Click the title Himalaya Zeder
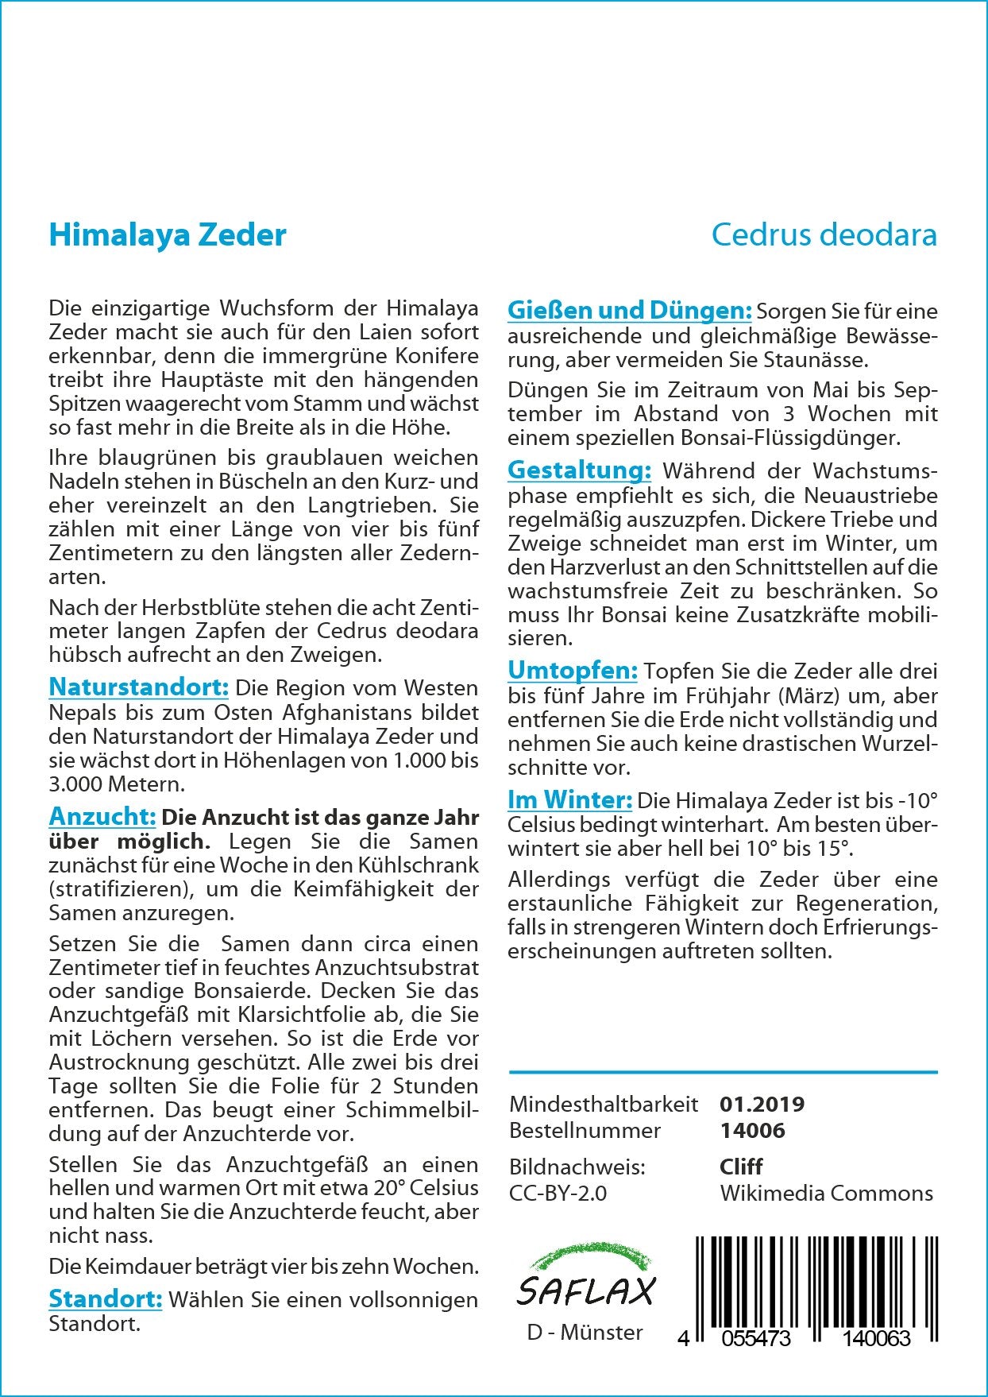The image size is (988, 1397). (x=168, y=235)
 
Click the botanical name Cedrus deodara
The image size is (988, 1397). (x=824, y=235)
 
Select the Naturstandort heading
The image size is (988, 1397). (x=139, y=687)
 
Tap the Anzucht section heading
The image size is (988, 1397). (x=102, y=816)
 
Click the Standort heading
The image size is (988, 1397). (x=106, y=1299)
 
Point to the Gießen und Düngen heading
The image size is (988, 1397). (x=629, y=310)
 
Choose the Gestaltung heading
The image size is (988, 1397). (x=579, y=470)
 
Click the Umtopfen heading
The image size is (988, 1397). (x=572, y=671)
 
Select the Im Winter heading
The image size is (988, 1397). (x=569, y=799)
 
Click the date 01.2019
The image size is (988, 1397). (x=762, y=1104)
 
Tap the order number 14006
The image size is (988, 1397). (x=751, y=1130)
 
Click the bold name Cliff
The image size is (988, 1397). (x=740, y=1167)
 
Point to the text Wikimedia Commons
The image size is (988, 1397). (x=826, y=1193)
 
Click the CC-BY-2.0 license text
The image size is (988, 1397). (x=558, y=1193)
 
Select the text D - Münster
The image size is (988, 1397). (x=585, y=1333)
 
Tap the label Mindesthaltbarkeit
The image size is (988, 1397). (x=604, y=1104)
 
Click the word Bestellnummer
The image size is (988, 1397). (x=585, y=1130)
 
